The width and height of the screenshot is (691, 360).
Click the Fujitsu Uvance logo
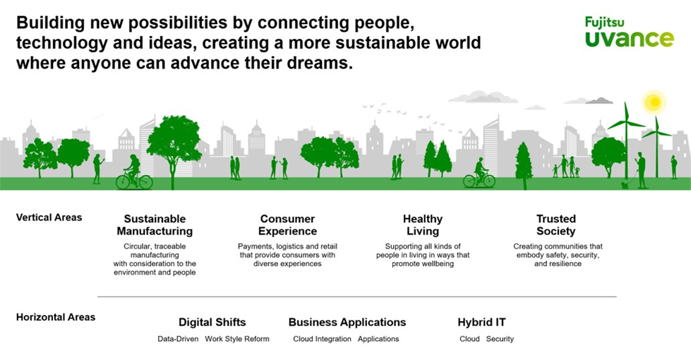pyautogui.click(x=628, y=32)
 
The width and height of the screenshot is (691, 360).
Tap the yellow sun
pyautogui.click(x=655, y=102)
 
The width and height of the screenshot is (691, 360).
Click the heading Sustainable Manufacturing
pyautogui.click(x=155, y=224)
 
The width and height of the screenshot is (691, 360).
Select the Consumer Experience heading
pyautogui.click(x=287, y=224)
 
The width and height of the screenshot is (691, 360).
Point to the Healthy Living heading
pyautogui.click(x=423, y=224)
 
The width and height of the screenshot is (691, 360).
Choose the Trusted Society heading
pyautogui.click(x=556, y=224)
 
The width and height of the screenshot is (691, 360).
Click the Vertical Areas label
pyautogui.click(x=49, y=217)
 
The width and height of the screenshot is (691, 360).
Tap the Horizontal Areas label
pyautogui.click(x=56, y=317)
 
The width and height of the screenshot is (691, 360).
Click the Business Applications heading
pyautogui.click(x=347, y=322)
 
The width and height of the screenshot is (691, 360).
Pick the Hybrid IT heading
pyautogui.click(x=482, y=322)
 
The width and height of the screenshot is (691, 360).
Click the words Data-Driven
pyautogui.click(x=178, y=339)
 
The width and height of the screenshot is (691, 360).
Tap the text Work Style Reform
pyautogui.click(x=237, y=339)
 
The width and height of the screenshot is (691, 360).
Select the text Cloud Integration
pyautogui.click(x=322, y=339)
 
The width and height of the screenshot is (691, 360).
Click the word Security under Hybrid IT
pyautogui.click(x=500, y=339)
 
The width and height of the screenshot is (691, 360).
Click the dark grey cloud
pyautogui.click(x=599, y=101)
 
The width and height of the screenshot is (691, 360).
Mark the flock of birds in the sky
pyautogui.click(x=385, y=109)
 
